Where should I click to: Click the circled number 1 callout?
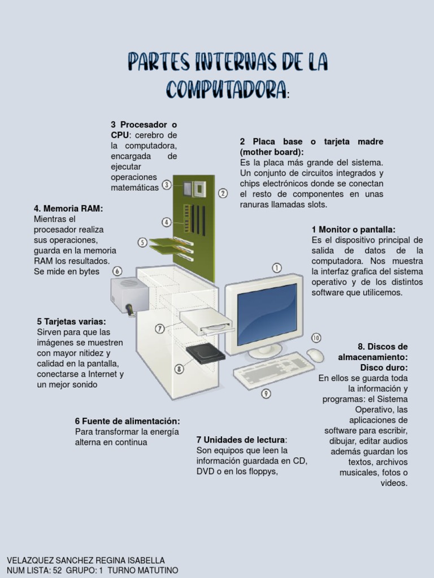[277, 268]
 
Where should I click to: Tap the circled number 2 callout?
[223, 193]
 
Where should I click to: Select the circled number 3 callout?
[167, 185]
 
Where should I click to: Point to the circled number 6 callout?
[117, 271]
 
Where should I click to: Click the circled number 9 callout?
[266, 393]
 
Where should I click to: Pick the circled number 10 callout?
[316, 338]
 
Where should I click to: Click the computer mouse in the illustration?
[315, 355]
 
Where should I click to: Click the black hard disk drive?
[206, 352]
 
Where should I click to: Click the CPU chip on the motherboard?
[199, 187]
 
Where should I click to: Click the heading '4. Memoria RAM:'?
[68, 208]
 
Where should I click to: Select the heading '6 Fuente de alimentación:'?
[127, 421]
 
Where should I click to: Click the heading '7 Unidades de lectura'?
[241, 440]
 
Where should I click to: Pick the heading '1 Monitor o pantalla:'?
[353, 229]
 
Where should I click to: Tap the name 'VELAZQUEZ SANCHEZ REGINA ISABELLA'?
[85, 560]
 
